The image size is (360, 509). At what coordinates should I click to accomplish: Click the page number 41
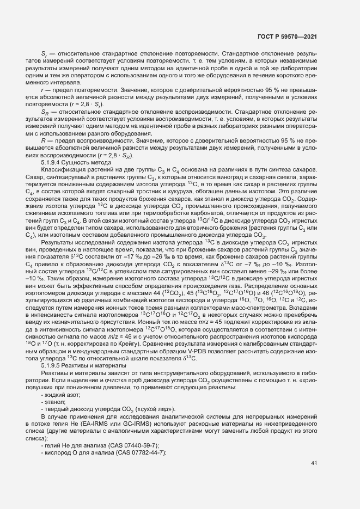pos(314,463)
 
